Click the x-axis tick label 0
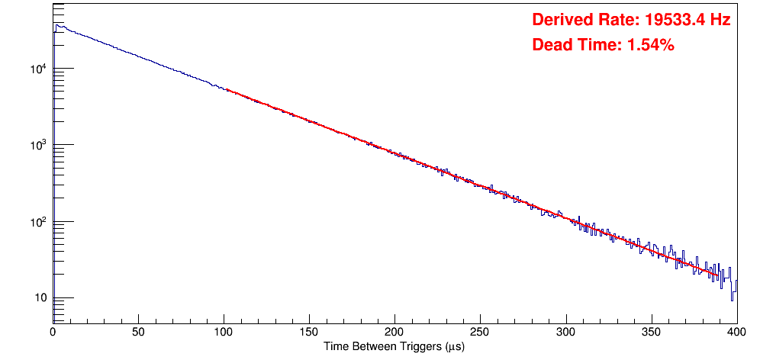53,332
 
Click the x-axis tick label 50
138,332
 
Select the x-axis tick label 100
224,332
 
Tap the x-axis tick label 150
309,332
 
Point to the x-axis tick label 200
394,332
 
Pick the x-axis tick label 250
480,332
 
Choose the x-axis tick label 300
565,332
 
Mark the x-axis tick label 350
651,332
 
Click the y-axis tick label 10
40,298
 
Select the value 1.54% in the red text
650,45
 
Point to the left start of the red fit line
227,90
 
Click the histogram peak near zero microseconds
57,25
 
